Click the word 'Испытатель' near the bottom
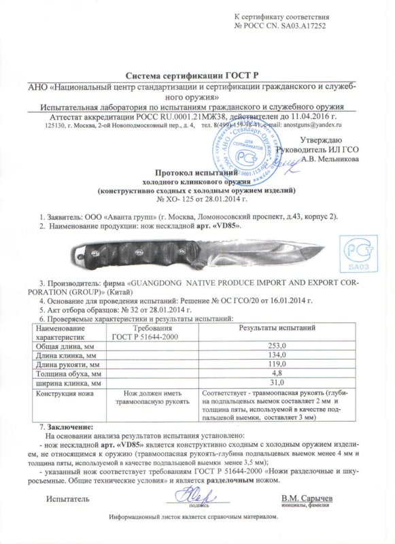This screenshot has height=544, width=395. point(67,499)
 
